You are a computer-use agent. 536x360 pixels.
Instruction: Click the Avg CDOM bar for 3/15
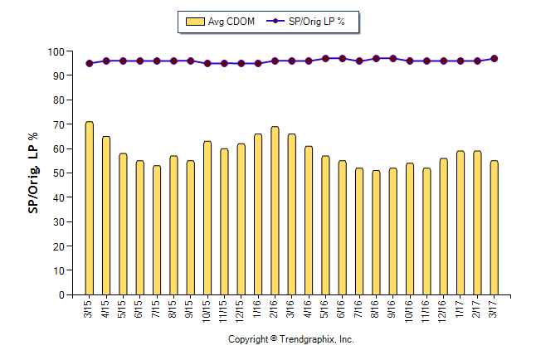coord(89,208)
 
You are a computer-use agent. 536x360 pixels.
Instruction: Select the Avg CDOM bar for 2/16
coord(275,211)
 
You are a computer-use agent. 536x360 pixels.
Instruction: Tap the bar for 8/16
coord(376,232)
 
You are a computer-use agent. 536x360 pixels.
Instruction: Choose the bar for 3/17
coord(494,227)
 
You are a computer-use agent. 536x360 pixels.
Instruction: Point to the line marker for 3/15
coord(89,63)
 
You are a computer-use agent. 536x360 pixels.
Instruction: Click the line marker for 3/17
coord(495,59)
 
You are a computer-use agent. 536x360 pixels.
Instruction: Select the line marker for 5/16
coord(325,59)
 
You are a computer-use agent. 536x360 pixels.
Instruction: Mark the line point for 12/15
coord(241,63)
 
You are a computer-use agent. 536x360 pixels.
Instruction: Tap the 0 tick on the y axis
coord(66,294)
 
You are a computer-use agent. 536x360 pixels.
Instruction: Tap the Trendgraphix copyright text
coord(290,339)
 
